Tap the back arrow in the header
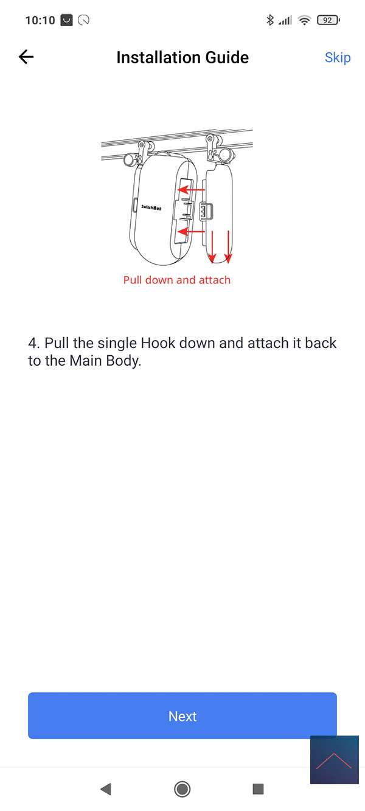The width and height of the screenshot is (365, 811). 26,57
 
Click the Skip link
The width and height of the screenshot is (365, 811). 338,58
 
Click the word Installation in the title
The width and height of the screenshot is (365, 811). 158,58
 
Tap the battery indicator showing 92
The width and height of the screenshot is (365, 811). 328,20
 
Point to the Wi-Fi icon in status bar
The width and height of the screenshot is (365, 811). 305,20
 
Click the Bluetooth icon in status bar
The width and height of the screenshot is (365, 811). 269,20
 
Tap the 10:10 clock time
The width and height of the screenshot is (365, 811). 40,20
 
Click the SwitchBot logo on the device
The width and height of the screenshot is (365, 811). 151,207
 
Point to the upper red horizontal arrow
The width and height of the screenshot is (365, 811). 192,189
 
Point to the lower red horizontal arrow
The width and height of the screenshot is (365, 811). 192,231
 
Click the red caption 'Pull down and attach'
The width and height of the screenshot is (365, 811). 176,280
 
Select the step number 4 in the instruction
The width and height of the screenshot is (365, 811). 32,343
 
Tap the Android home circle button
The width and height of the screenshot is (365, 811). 182,788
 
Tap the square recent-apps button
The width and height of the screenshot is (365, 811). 258,788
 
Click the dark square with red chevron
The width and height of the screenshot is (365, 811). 334,759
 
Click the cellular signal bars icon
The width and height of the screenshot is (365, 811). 285,21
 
